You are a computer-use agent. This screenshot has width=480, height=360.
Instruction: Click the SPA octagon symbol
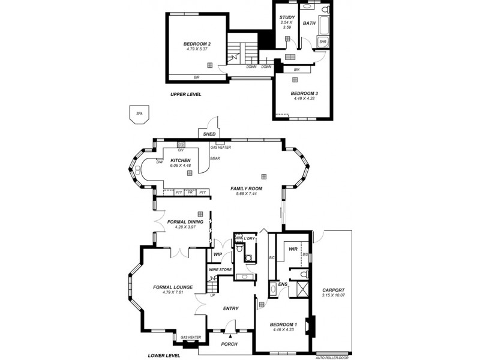[139, 114]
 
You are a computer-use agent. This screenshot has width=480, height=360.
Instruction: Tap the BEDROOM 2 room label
[197, 44]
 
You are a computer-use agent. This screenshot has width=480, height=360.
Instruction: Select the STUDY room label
[286, 17]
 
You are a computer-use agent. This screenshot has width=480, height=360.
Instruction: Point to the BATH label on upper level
[309, 23]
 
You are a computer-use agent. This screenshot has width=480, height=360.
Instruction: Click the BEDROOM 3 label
[304, 93]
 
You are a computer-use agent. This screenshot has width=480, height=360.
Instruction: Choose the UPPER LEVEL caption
[185, 94]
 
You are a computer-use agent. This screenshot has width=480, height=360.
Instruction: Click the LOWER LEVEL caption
[164, 355]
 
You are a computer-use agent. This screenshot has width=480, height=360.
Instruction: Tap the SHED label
[209, 134]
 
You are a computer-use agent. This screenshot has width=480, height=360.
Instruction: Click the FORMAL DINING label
[185, 221]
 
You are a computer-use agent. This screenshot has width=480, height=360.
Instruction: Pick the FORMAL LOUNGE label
[173, 287]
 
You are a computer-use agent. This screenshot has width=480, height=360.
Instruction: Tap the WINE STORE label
[220, 269]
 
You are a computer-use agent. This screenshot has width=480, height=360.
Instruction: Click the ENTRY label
[230, 308]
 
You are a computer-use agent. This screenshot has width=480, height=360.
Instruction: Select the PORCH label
[229, 344]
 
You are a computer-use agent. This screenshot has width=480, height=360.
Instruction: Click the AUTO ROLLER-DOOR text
[332, 358]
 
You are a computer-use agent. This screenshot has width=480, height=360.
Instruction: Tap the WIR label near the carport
[293, 248]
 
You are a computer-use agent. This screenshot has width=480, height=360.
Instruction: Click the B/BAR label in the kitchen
[215, 158]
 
